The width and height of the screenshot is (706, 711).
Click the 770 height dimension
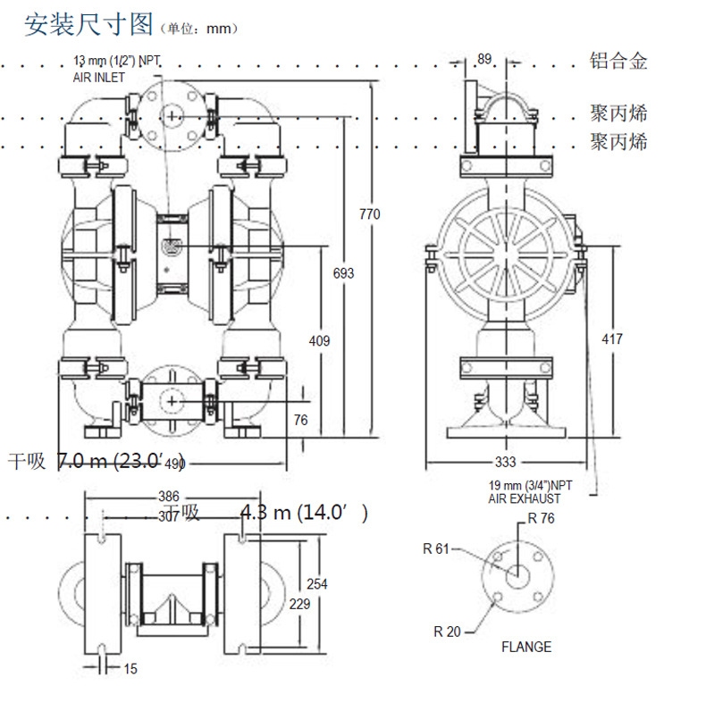369,213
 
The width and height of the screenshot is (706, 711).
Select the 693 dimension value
342,273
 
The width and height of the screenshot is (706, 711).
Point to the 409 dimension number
319,340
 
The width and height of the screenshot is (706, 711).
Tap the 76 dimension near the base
300,420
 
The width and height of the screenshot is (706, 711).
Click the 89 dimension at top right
484,59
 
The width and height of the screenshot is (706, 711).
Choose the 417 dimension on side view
612,339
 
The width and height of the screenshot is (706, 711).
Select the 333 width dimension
505,462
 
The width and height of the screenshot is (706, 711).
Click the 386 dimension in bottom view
169,497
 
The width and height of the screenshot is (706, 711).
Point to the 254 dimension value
316,584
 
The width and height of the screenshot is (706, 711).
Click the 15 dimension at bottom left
131,668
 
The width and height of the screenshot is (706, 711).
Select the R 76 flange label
542,517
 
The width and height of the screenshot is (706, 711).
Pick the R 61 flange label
436,548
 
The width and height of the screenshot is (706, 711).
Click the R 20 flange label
448,632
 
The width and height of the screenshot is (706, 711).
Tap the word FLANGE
525,647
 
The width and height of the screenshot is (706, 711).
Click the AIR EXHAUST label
524,498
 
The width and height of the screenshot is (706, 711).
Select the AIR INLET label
99,78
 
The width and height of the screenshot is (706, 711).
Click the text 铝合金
618,61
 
